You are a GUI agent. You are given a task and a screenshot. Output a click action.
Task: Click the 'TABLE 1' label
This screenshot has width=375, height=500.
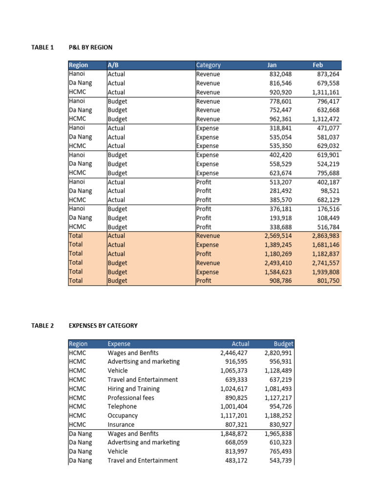click(x=43, y=47)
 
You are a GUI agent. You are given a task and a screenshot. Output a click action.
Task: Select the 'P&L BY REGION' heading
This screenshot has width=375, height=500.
click(x=91, y=47)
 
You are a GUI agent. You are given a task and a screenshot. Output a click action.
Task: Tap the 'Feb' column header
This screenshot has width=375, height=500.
click(x=318, y=65)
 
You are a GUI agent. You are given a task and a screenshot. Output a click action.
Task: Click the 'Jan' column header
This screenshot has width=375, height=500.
click(x=272, y=65)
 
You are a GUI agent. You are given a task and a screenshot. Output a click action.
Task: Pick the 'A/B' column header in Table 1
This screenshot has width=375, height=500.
click(x=113, y=65)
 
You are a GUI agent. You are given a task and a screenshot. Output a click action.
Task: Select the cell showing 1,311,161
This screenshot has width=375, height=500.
click(x=325, y=92)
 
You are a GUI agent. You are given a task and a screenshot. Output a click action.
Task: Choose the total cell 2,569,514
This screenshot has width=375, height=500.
click(x=277, y=236)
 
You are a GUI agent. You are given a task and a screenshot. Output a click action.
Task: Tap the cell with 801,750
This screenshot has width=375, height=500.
click(x=328, y=281)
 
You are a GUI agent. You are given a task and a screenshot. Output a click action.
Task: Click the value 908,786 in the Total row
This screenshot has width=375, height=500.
click(x=279, y=281)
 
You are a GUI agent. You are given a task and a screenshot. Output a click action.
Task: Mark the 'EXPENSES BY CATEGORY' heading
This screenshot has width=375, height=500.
click(x=103, y=325)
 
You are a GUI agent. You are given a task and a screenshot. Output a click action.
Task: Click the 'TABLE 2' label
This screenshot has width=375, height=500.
click(x=43, y=325)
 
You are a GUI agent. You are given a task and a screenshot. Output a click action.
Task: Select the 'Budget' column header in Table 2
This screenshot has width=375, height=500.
click(x=284, y=344)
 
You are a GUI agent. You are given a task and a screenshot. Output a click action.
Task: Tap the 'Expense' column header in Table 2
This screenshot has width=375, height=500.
click(x=119, y=344)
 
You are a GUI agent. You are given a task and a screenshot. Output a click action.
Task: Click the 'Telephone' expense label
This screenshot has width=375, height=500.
click(x=122, y=406)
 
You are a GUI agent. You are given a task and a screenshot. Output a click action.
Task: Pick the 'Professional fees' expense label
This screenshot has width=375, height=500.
click(x=130, y=397)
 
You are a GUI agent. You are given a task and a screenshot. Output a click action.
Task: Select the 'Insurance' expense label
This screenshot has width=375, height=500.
click(x=122, y=424)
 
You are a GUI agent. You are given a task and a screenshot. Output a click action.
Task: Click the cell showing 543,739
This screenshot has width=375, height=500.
click(x=279, y=460)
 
